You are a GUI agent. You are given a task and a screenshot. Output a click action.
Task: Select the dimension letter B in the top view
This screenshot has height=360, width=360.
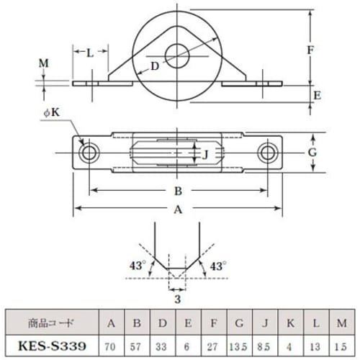(177, 192)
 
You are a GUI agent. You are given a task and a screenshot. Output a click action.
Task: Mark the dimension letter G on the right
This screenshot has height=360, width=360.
(333, 152)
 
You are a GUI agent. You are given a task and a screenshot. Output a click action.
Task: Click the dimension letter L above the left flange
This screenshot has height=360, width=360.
(90, 53)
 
